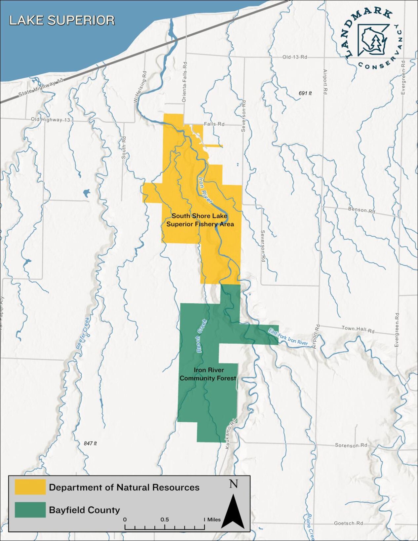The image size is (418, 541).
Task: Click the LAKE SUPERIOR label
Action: [62, 20]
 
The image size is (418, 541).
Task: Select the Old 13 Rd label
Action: [294, 57]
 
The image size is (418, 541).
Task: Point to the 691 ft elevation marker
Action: [305, 94]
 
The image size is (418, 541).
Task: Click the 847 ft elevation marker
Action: [90, 444]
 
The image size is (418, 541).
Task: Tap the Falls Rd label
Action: [214, 124]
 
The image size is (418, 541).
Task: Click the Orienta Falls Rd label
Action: [184, 81]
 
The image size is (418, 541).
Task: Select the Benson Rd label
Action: [361, 210]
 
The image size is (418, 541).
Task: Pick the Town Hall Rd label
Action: [358, 329]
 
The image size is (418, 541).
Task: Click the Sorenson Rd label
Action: [351, 445]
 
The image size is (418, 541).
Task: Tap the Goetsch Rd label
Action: [348, 523]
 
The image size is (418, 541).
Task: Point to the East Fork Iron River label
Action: [288, 337]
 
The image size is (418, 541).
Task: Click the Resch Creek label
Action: [201, 335]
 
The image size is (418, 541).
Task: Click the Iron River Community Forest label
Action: [208, 374]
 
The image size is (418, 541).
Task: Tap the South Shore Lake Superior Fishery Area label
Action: [200, 220]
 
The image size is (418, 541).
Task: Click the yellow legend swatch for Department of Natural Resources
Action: [30, 487]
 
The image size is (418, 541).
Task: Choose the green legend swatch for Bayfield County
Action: [30, 510]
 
